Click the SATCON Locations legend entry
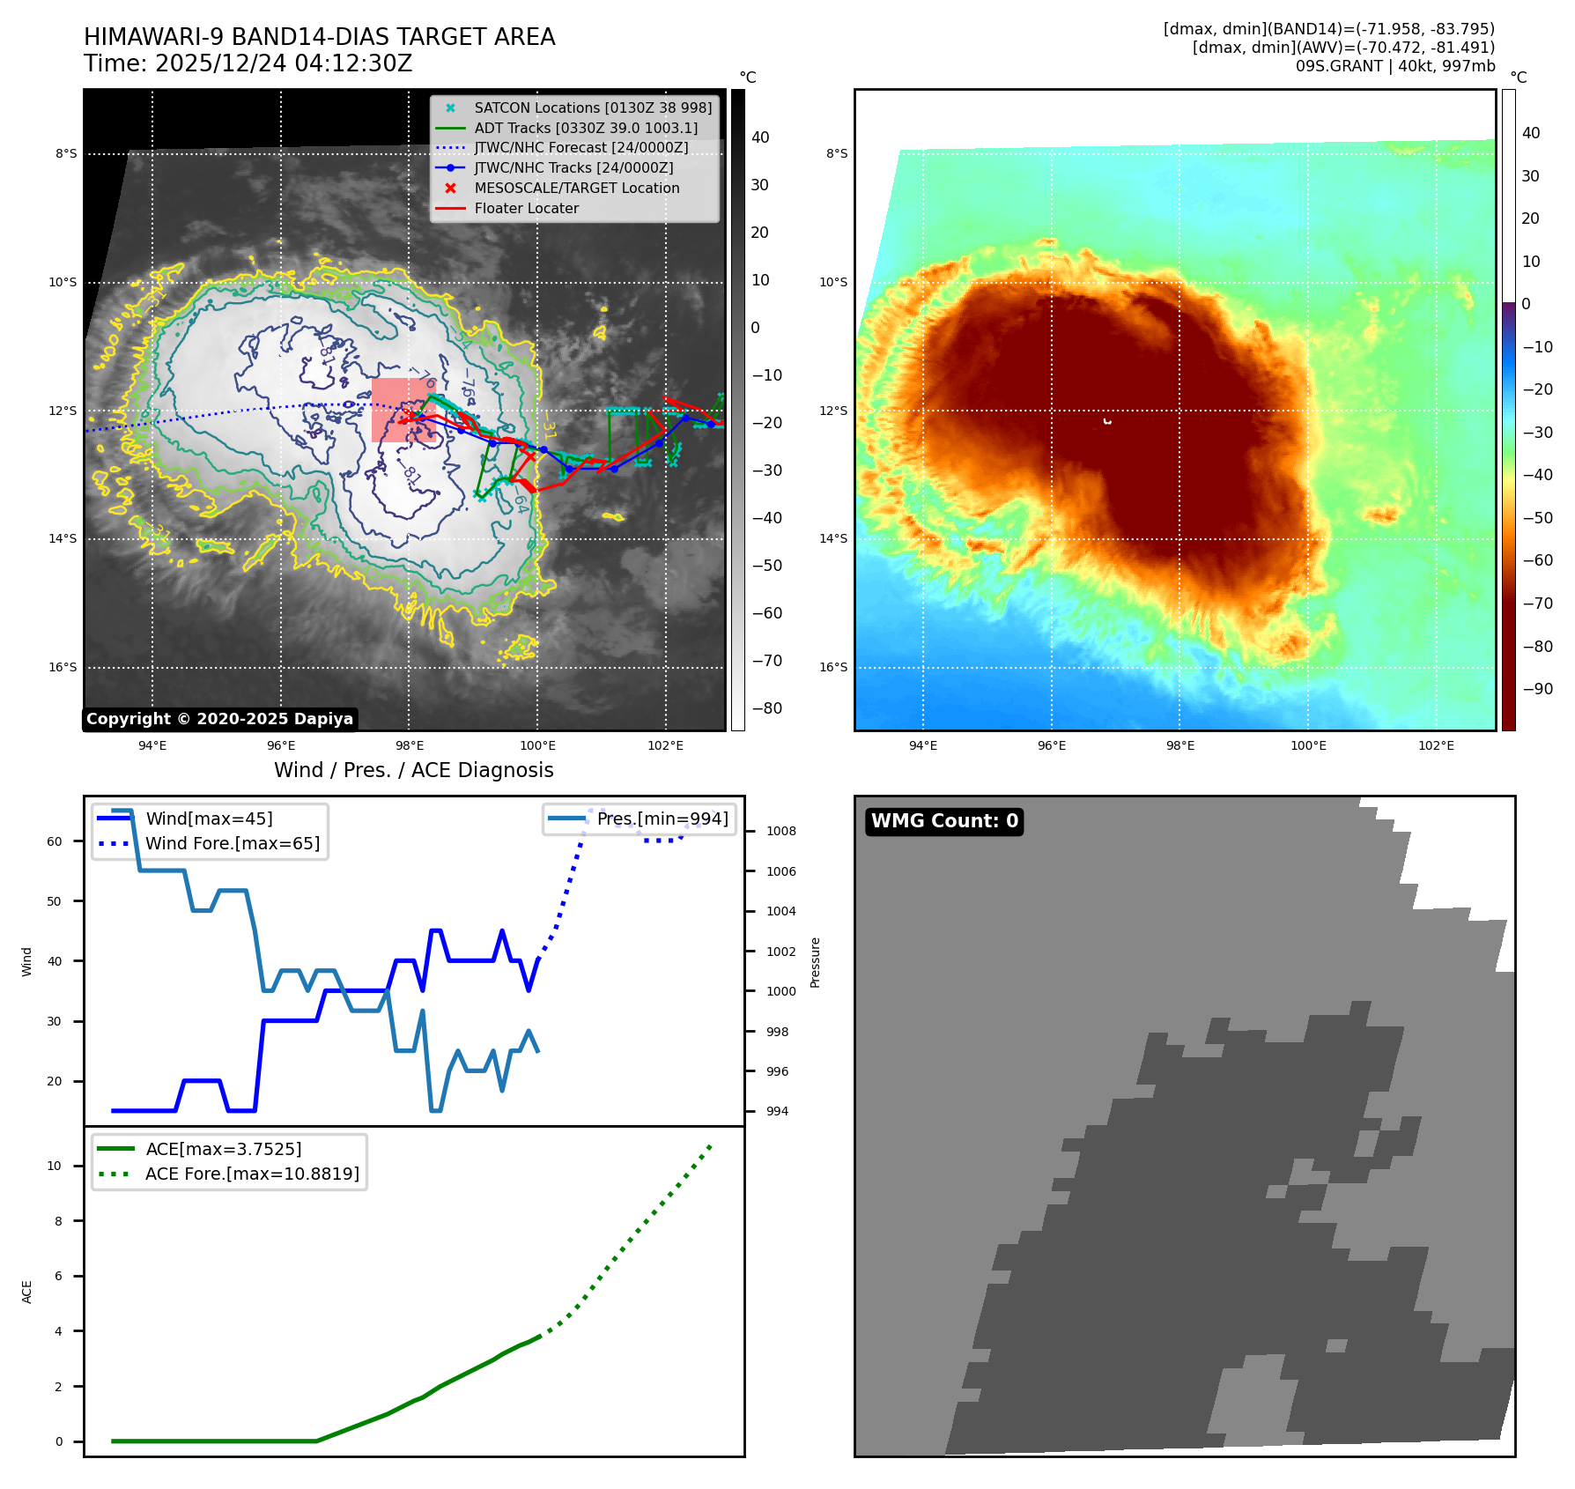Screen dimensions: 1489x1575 tap(592, 107)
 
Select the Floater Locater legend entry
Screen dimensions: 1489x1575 tap(526, 209)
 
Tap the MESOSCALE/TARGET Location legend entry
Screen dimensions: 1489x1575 tap(576, 189)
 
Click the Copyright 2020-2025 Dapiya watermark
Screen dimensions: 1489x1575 tap(219, 719)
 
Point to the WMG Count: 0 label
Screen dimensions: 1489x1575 tap(944, 821)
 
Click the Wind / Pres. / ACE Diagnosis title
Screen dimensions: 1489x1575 tap(413, 770)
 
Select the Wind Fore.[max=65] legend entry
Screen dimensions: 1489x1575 tap(232, 843)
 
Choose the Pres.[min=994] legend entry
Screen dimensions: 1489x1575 tap(662, 819)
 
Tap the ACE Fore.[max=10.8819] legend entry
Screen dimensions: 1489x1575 tap(252, 1174)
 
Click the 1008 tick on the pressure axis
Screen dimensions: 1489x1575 tap(780, 831)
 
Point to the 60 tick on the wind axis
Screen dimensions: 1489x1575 tap(55, 841)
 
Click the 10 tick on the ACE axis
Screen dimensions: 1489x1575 tap(55, 1166)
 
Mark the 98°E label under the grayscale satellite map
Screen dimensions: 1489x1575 tap(409, 746)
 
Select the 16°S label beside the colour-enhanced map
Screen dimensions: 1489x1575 tap(833, 667)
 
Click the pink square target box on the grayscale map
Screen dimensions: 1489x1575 tap(403, 410)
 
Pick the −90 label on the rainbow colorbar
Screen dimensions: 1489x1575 tap(1537, 689)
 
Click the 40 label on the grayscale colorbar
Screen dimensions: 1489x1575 tap(759, 137)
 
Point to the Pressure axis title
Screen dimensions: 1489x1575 tap(815, 962)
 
